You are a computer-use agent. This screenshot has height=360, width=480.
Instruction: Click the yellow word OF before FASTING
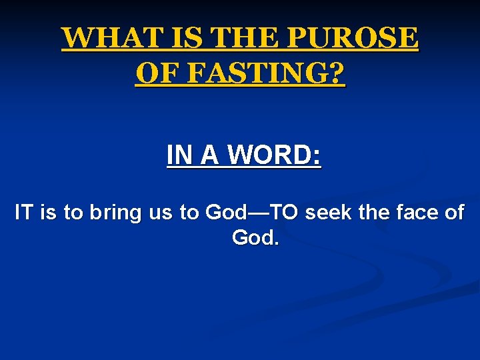point(155,74)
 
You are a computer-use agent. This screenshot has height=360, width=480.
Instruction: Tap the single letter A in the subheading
point(208,155)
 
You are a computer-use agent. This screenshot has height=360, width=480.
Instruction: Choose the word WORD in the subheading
point(267,155)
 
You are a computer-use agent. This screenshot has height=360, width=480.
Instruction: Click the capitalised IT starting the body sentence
point(23,213)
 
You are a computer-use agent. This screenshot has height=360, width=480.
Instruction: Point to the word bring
point(109,214)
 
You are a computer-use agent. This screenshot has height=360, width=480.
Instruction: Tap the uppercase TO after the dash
point(285,213)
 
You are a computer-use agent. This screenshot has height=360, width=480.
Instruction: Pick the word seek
point(329,213)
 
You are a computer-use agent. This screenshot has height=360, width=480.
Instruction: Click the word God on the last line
point(253,237)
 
